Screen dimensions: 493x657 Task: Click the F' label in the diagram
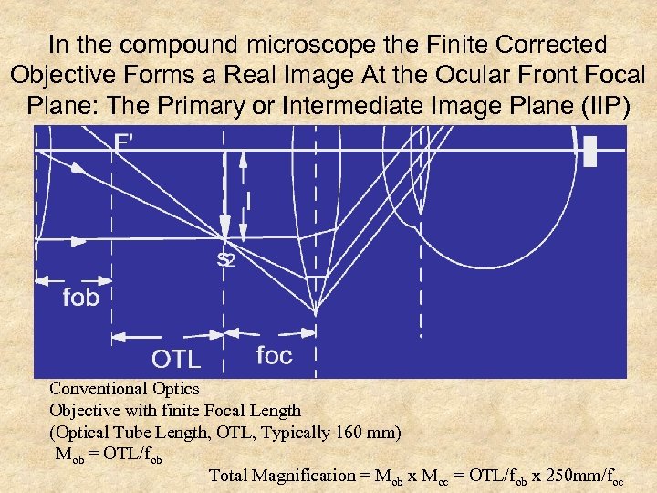128,142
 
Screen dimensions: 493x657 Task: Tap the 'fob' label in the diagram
80,299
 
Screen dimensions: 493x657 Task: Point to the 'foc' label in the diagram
274,355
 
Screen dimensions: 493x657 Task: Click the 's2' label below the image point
225,261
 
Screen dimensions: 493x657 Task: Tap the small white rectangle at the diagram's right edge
589,152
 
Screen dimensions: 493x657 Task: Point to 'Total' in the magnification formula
229,475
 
